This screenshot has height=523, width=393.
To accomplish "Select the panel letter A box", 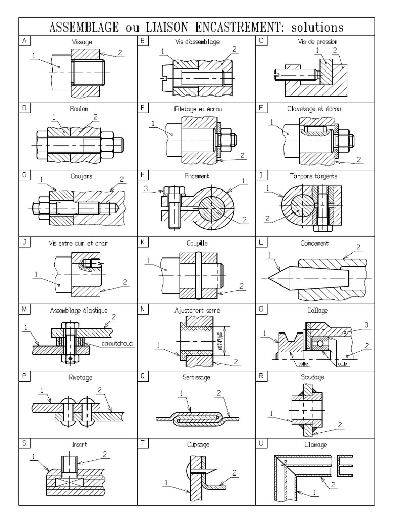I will (x=24, y=40).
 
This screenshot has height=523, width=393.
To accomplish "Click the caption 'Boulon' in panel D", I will (x=79, y=109).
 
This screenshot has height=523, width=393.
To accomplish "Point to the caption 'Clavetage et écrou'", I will (x=315, y=109).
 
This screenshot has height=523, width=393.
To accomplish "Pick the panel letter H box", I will (x=143, y=175).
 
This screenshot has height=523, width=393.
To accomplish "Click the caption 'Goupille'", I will (x=196, y=243).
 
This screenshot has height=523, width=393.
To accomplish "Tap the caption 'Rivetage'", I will (x=79, y=377).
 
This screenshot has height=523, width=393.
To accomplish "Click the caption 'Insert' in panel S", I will (x=79, y=444).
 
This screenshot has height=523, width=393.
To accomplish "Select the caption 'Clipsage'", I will (x=196, y=444).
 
